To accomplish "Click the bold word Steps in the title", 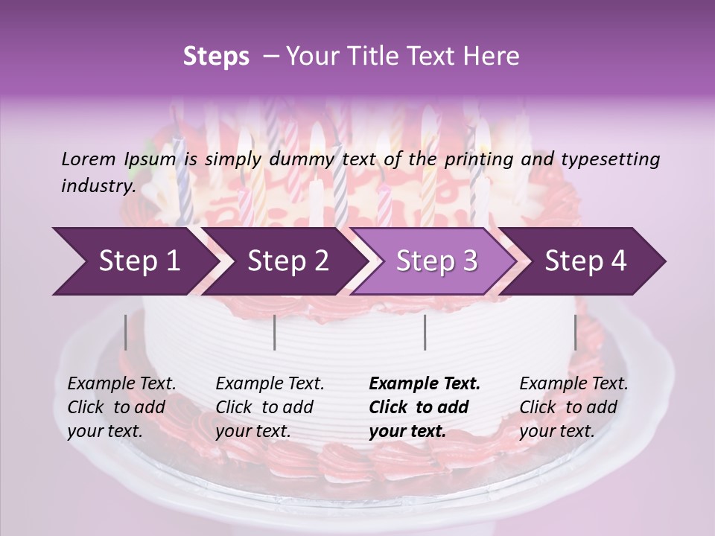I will [216, 57].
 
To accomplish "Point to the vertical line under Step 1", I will [126, 332].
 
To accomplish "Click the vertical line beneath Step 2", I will [275, 332].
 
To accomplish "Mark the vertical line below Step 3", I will [425, 332].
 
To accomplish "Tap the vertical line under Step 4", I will [575, 332].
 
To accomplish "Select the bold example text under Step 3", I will [424, 407].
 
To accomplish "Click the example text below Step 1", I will [121, 407].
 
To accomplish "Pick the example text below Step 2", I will [270, 407].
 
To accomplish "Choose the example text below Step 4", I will [573, 407].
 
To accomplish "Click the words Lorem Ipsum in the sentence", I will [118, 159].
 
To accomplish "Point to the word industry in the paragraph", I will [97, 185].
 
